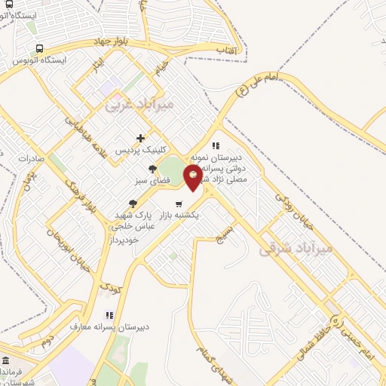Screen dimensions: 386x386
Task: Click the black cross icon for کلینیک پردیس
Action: coord(140,138)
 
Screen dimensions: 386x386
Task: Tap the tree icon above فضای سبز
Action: coord(152,170)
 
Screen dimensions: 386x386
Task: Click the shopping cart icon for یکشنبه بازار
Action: coord(179,204)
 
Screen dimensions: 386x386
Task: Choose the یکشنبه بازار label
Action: coord(176,215)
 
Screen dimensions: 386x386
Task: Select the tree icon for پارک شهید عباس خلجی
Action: coord(133,203)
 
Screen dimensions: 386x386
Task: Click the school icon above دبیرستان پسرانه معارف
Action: coord(109,315)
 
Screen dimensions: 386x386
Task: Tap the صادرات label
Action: coord(29,158)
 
